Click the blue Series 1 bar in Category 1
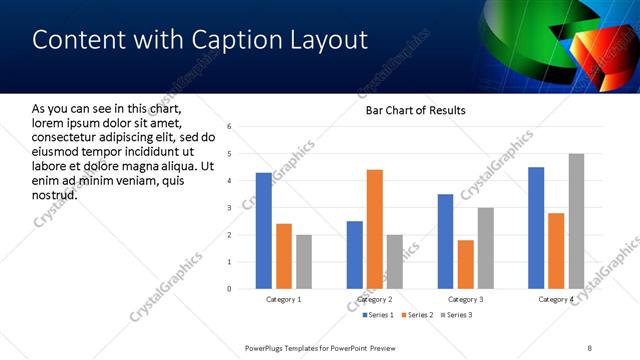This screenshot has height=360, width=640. [x=263, y=231]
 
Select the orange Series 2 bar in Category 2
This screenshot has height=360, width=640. [x=375, y=229]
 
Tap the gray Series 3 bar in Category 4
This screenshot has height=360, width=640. [x=575, y=221]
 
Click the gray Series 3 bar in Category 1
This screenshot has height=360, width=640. [x=303, y=262]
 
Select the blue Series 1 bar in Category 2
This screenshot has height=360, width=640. [x=355, y=255]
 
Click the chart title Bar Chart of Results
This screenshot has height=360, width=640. [x=410, y=110]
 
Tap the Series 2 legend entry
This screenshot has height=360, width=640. [x=415, y=316]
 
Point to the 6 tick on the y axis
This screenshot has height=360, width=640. [x=230, y=127]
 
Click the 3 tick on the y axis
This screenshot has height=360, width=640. [x=230, y=208]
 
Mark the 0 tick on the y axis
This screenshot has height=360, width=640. [x=230, y=289]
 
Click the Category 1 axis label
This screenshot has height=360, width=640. [x=283, y=299]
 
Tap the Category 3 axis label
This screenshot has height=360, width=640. [x=465, y=299]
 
